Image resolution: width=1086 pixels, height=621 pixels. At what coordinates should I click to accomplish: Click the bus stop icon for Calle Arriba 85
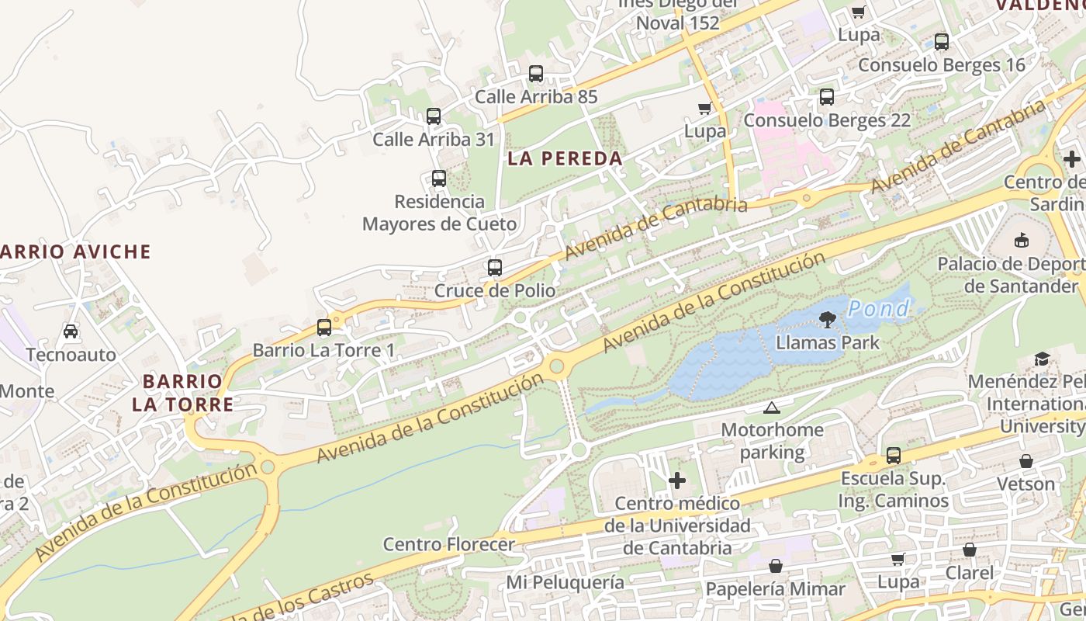tap(536, 74)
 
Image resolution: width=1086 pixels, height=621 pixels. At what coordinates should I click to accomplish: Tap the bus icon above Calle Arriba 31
tap(434, 116)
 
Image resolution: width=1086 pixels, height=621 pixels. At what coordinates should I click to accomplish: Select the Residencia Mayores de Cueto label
tap(439, 213)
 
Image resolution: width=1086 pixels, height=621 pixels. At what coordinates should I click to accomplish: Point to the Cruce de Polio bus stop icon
tap(495, 268)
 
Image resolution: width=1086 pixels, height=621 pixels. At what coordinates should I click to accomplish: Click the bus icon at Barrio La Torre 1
tap(324, 328)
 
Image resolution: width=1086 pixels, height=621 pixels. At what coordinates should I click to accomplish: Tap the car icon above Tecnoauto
tap(71, 331)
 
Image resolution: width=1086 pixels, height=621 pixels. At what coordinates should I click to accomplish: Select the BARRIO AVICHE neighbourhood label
tap(74, 252)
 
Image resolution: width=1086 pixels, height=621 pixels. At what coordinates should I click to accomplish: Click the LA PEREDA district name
tap(565, 158)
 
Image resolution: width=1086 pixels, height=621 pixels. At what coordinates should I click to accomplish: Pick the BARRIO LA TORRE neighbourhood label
tap(183, 393)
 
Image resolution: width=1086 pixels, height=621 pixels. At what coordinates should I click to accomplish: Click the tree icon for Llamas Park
tap(827, 319)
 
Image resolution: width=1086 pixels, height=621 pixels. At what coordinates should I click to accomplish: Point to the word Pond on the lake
tap(878, 309)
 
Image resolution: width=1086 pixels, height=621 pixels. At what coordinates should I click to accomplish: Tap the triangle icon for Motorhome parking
tap(771, 408)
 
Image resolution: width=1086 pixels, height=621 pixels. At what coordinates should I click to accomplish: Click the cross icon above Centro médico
tap(677, 480)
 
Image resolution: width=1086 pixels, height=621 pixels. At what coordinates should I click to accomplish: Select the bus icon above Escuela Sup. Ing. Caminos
tap(894, 456)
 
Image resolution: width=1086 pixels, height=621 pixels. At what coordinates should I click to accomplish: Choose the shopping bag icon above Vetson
tap(1026, 461)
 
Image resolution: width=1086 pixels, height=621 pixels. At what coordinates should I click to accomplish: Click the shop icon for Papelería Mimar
tap(775, 566)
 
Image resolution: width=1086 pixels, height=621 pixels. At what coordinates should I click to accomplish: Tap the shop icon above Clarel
tap(970, 550)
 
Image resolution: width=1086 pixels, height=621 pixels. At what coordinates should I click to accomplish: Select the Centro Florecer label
tap(448, 544)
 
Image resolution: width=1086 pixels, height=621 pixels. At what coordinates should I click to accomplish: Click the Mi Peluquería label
tap(565, 581)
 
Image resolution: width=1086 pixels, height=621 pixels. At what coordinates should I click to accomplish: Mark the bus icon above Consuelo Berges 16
tap(942, 42)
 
